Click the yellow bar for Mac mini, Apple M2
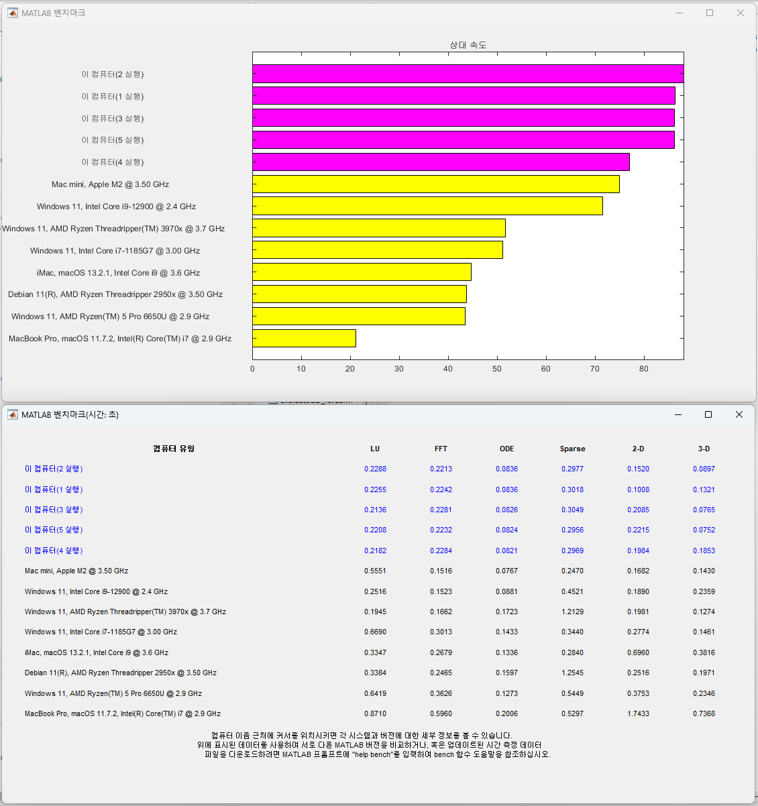click(436, 184)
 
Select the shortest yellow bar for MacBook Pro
click(304, 338)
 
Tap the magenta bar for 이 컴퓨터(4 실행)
click(441, 162)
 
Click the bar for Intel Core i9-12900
click(427, 206)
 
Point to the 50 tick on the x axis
click(497, 369)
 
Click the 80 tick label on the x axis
click(644, 369)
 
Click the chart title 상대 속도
click(468, 45)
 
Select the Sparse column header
click(572, 449)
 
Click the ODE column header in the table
click(506, 449)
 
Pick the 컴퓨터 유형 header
click(174, 449)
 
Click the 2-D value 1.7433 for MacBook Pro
click(638, 713)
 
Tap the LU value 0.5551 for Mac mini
click(375, 571)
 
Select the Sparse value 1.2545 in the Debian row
click(572, 673)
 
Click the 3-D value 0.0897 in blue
click(704, 469)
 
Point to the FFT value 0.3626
click(441, 693)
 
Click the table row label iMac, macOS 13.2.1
click(97, 652)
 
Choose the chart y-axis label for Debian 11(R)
click(115, 294)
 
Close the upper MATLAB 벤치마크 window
click(741, 13)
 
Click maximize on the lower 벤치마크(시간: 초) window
click(708, 414)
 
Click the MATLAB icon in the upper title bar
click(12, 13)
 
